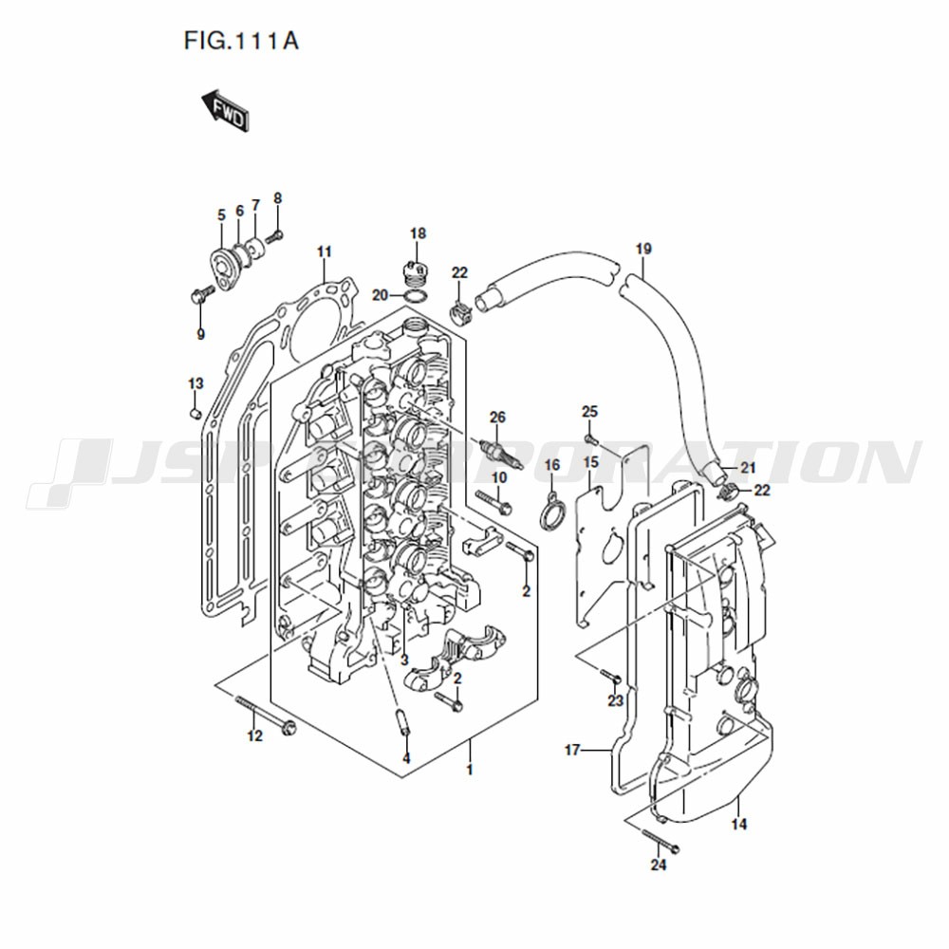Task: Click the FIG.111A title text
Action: [241, 41]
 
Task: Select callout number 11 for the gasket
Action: [325, 251]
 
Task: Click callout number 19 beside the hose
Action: [643, 249]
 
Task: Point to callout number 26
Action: [497, 417]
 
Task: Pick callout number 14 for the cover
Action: [739, 824]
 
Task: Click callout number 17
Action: [572, 751]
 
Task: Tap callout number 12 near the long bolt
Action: [254, 736]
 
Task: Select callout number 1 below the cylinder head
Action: [469, 770]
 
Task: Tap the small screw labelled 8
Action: [275, 236]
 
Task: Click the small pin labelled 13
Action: [195, 414]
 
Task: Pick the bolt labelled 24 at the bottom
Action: [661, 840]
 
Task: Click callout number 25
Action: [589, 412]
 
